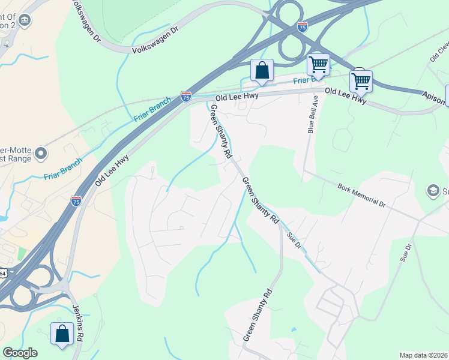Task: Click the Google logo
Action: tap(20, 353)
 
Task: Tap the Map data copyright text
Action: tap(424, 355)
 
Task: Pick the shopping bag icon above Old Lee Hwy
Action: tap(262, 70)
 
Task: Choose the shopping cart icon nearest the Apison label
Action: tap(361, 80)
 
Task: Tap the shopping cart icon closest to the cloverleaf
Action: tap(318, 64)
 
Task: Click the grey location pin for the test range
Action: tap(41, 154)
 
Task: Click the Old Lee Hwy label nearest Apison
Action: tap(345, 95)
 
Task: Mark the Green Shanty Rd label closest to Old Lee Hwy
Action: tap(220, 131)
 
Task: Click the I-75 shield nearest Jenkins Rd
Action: tap(76, 200)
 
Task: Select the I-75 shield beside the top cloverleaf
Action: tap(302, 27)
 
